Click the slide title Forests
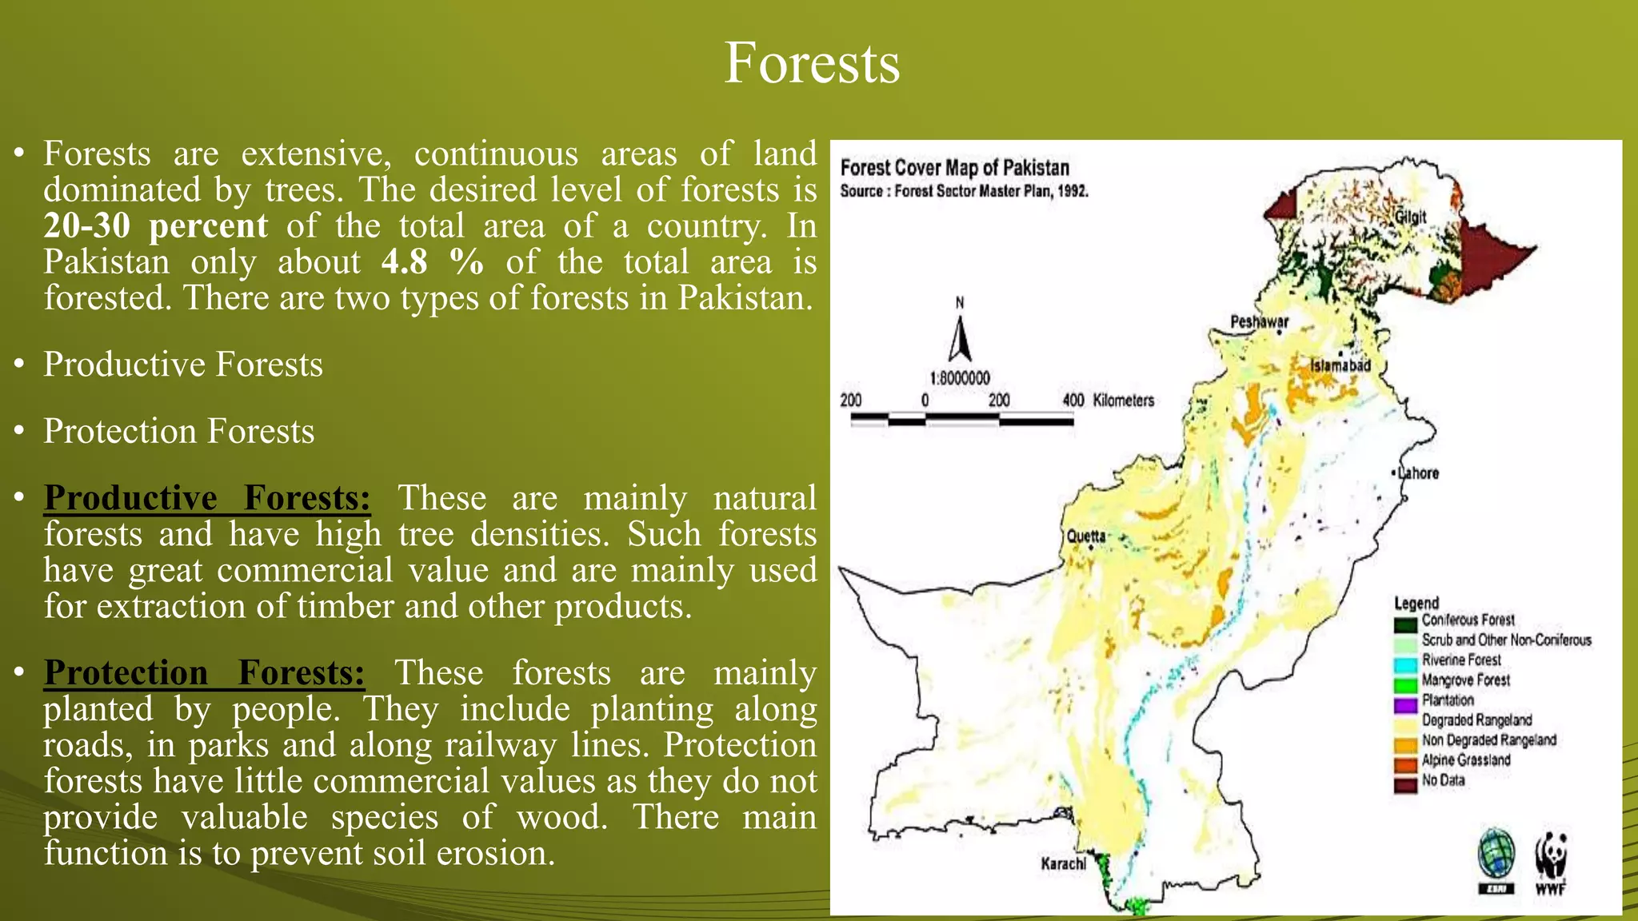(812, 63)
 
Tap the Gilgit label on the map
(1411, 217)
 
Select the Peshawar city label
(1259, 321)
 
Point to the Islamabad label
(1340, 365)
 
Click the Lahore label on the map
(1418, 473)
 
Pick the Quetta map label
(1086, 536)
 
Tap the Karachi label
(1063, 863)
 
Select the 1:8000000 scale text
(960, 378)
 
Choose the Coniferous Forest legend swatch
(1405, 623)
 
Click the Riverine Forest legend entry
(1460, 660)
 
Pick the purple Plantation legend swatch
(1405, 704)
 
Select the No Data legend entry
(1443, 780)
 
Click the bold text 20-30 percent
(155, 226)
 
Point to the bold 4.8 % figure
(433, 262)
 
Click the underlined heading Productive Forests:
(207, 498)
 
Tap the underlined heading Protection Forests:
(204, 673)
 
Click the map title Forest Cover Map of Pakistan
(954, 168)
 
